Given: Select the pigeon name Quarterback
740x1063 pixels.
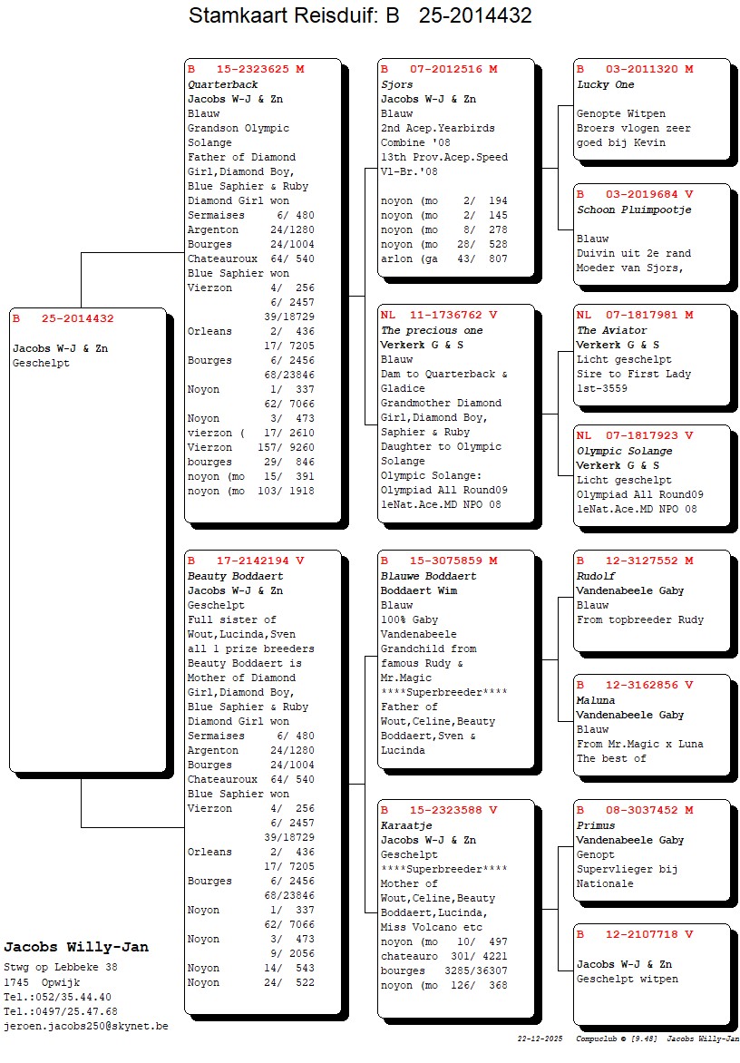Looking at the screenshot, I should tap(222, 84).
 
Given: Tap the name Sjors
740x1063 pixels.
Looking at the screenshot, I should tap(396, 84).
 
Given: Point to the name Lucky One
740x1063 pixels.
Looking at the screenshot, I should tap(605, 84).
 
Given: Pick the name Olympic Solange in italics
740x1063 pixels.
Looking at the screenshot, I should tap(623, 451).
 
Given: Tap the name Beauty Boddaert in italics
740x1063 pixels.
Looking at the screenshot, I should tap(235, 576).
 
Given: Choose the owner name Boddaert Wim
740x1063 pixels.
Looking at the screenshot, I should tap(418, 590).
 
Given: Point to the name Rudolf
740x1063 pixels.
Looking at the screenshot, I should tap(596, 576).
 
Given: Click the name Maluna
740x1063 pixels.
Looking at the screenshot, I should tap(596, 700).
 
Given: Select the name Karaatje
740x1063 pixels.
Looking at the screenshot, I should tap(405, 825).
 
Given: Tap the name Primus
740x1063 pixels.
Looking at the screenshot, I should tap(596, 825).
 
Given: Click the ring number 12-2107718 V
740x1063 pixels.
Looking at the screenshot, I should tap(635, 934).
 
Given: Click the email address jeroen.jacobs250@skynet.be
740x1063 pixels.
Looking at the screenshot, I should tap(85, 1026).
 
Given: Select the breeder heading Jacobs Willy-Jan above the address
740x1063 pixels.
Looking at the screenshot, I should tap(76, 947).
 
